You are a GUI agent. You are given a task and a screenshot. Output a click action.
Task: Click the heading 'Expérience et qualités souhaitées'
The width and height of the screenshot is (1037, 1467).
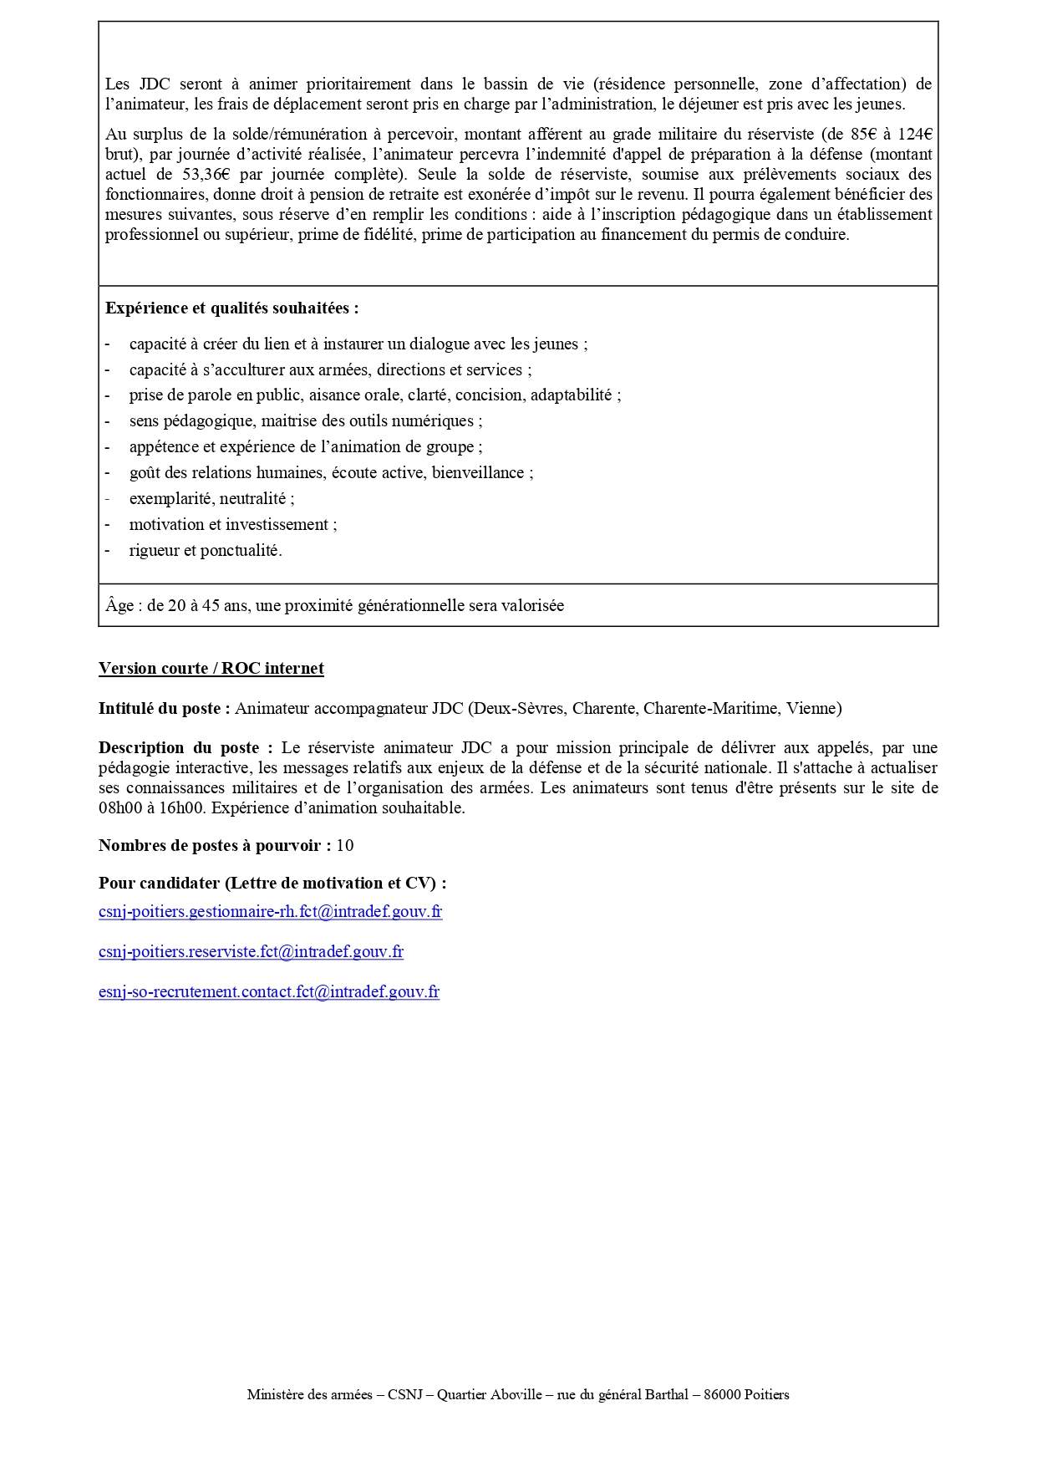[231, 308]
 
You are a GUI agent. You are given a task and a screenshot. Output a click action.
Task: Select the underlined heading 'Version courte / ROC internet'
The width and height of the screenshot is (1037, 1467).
[211, 669]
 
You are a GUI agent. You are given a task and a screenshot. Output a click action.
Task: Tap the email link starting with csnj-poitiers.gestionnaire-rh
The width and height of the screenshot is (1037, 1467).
[270, 912]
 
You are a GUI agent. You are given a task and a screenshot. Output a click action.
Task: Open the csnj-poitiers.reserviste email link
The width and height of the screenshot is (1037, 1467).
[251, 952]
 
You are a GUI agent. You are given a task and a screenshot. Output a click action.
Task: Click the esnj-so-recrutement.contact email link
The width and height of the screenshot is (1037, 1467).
[268, 992]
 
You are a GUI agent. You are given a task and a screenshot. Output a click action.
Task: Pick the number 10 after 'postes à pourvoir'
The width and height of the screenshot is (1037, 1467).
[344, 846]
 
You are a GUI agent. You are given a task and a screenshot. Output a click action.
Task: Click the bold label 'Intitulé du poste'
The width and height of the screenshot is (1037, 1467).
[164, 709]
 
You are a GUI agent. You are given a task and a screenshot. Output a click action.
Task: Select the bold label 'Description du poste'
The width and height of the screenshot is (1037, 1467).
[185, 748]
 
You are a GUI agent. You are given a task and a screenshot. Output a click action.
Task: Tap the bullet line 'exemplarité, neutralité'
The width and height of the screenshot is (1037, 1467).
[211, 499]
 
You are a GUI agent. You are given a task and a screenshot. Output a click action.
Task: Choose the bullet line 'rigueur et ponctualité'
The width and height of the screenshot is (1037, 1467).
[205, 551]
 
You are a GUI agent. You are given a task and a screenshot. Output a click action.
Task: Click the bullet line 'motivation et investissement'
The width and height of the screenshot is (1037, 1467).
[232, 525]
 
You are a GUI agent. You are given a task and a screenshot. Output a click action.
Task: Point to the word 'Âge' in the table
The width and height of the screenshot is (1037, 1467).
[119, 606]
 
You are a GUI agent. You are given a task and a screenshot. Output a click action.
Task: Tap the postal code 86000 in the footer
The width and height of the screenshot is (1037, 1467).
[721, 1394]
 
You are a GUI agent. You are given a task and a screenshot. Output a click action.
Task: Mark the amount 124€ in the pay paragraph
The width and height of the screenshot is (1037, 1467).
[915, 135]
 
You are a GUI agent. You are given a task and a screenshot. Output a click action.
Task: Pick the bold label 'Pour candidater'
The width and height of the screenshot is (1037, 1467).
[159, 884]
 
